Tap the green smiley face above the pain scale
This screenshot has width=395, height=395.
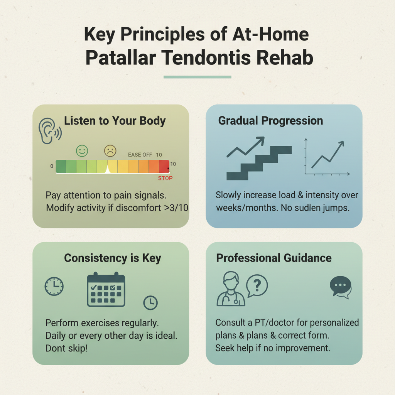[82, 150]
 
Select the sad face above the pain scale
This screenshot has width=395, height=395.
[110, 150]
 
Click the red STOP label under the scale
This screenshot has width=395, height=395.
[165, 178]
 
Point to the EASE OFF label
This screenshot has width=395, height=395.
[140, 155]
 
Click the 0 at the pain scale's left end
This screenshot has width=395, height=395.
[52, 166]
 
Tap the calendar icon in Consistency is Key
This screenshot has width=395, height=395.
[106, 290]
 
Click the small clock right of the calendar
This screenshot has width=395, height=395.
[150, 303]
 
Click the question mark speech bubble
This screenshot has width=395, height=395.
[257, 285]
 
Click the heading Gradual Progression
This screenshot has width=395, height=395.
[270, 120]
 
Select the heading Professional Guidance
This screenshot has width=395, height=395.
[274, 258]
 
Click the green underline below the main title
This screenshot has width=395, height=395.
[197, 77]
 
